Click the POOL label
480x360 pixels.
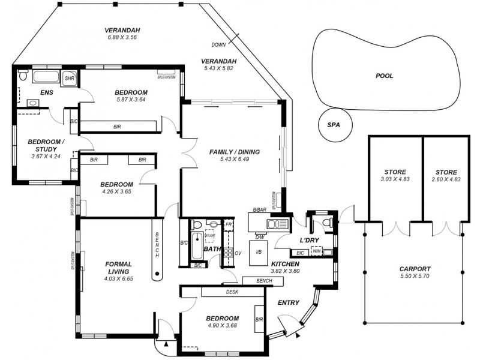pos(384,76)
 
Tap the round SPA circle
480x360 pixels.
pos(334,125)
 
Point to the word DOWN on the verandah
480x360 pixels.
pos(218,45)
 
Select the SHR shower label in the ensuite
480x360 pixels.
pos(69,78)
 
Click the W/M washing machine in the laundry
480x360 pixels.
pos(317,251)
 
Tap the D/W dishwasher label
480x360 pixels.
pos(260,238)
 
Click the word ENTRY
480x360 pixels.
pos(289,302)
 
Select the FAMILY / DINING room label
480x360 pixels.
pos(234,152)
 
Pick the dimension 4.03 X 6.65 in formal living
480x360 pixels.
pos(118,279)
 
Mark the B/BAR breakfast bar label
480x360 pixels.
pos(259,209)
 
